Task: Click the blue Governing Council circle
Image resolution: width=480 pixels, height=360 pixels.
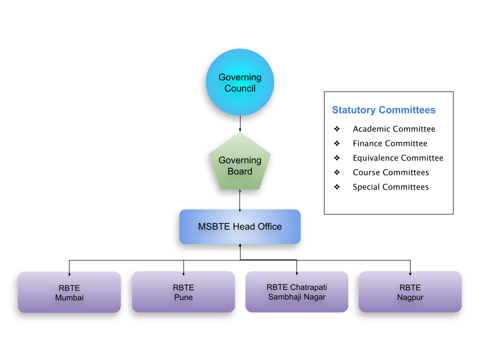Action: pos(240,83)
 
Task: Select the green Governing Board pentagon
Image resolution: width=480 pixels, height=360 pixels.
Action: pos(240,165)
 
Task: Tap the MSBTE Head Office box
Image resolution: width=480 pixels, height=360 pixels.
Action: pos(240,226)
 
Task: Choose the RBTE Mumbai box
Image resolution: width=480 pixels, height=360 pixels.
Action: pos(69,292)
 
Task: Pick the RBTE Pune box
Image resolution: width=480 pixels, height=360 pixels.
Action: pos(183,292)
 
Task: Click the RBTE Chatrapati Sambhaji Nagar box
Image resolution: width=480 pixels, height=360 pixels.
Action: pos(296,292)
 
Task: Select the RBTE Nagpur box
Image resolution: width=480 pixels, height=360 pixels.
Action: pos(410,292)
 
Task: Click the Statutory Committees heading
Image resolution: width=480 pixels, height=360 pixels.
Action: pos(383,110)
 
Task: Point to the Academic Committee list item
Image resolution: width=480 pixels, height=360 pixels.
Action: pos(394,129)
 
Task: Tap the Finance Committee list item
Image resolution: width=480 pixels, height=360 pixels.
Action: pos(390,143)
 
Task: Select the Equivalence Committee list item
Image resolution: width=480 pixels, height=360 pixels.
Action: pos(398,158)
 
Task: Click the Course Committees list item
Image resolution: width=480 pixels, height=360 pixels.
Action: pos(391,172)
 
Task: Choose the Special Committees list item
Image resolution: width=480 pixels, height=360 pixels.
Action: pos(390,187)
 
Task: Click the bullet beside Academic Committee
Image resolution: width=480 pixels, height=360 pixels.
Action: pos(337,129)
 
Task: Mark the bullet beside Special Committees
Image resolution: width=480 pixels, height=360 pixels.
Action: pos(337,187)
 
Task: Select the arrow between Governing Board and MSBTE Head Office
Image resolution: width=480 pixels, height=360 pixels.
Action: pos(240,200)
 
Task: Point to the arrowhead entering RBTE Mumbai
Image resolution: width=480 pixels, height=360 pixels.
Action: pos(69,273)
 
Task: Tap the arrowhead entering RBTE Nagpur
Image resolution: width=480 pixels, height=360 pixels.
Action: pos(410,273)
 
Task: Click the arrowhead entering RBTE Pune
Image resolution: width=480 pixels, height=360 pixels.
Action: pos(183,273)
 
